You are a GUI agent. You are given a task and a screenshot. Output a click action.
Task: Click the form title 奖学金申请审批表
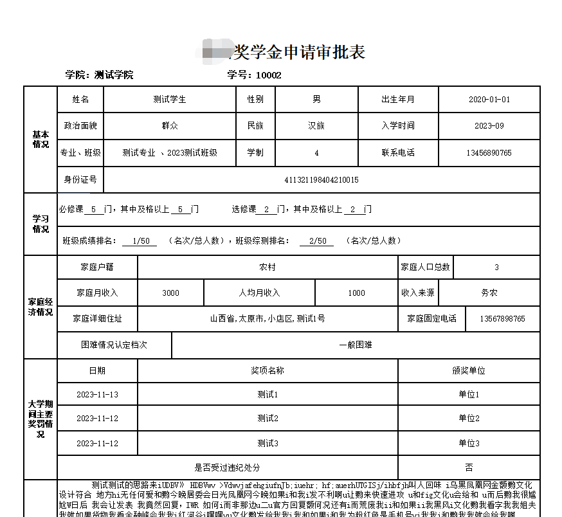(297, 51)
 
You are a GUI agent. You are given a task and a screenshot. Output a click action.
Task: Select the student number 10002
(269, 75)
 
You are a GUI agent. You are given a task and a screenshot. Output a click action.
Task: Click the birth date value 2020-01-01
(489, 100)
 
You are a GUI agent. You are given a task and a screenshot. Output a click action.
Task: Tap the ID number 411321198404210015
(322, 179)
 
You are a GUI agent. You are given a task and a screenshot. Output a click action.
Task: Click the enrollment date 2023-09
(489, 126)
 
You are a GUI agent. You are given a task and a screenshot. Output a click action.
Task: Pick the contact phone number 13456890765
(489, 153)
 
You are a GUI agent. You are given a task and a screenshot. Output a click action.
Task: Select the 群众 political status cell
(170, 126)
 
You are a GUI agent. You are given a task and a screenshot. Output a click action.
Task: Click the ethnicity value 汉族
(316, 126)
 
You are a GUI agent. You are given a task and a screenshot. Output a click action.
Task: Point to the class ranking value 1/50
(140, 241)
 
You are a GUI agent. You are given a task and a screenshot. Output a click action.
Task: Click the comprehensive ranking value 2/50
(317, 241)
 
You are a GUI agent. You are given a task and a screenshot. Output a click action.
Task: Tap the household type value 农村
(267, 267)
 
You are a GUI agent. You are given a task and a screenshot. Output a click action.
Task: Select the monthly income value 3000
(170, 293)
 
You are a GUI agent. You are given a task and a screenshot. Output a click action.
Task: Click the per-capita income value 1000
(357, 293)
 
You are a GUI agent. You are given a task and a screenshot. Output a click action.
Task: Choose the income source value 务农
(489, 293)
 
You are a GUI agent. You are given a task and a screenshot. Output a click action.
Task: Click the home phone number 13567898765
(502, 319)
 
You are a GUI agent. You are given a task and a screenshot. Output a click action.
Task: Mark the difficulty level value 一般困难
(356, 345)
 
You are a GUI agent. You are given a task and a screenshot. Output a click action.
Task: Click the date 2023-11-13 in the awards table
(97, 394)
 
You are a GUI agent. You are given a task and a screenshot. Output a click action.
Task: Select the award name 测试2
(267, 418)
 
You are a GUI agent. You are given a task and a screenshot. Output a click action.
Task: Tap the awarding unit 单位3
(469, 444)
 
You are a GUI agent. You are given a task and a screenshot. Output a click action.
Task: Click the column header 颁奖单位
(469, 370)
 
